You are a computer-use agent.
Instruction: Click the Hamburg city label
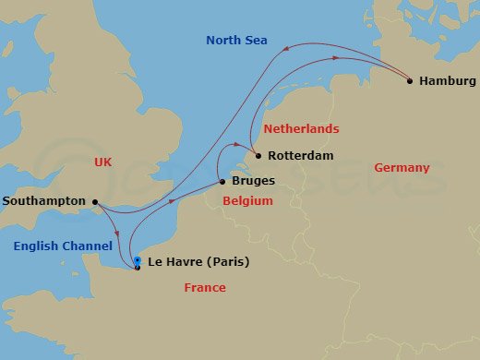(447, 81)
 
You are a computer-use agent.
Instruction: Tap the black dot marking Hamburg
(410, 81)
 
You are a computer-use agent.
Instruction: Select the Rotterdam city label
(300, 156)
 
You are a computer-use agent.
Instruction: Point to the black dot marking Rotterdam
(258, 156)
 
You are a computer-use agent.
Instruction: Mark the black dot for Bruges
(222, 183)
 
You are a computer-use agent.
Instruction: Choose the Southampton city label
(44, 201)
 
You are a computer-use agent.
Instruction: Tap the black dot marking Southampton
(95, 201)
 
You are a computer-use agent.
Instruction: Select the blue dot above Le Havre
(137, 260)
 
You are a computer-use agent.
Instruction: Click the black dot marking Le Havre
(137, 267)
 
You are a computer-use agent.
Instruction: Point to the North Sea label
(237, 41)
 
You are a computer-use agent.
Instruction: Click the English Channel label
(63, 246)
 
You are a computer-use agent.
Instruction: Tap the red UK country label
(102, 162)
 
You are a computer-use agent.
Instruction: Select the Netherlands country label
(301, 129)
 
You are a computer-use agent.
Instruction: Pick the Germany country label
(402, 168)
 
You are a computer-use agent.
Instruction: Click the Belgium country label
(249, 199)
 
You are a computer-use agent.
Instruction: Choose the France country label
(204, 288)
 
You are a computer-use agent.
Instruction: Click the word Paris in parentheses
(228, 262)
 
